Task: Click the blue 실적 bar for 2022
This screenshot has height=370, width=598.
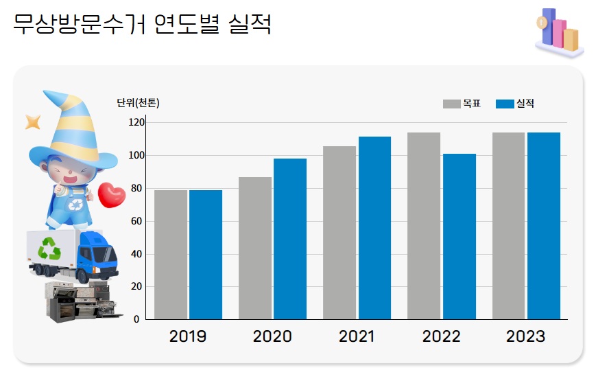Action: click(x=459, y=236)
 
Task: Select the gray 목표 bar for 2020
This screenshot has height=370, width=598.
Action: click(x=255, y=248)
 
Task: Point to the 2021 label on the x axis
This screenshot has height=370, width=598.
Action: click(x=357, y=336)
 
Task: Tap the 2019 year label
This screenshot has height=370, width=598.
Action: click(x=187, y=336)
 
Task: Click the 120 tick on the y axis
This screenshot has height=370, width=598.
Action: click(x=136, y=122)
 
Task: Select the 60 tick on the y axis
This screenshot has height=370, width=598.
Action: click(x=136, y=221)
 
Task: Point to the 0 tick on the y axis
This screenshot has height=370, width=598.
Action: click(x=136, y=319)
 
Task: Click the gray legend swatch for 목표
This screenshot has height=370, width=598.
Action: click(x=451, y=104)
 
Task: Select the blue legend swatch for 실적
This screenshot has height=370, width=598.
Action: click(x=505, y=104)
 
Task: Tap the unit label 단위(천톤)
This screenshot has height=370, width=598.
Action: click(x=138, y=104)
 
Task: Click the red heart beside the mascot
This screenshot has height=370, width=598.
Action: click(x=112, y=195)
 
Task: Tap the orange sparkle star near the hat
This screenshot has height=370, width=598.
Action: click(x=32, y=122)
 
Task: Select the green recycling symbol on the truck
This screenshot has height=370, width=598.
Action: click(x=49, y=248)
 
